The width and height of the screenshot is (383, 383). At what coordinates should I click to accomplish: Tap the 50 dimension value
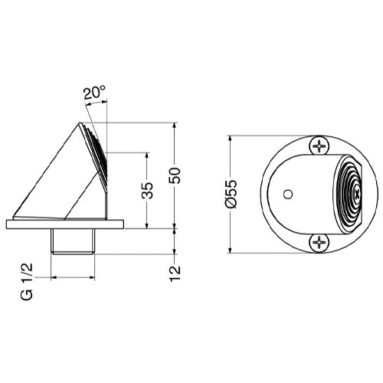(178, 175)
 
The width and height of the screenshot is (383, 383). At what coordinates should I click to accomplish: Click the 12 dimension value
(178, 271)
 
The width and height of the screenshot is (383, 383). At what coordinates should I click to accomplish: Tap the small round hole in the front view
(288, 195)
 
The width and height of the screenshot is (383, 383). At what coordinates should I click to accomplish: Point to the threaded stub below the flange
(72, 241)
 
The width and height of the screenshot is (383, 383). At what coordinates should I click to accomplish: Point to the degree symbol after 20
(104, 89)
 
